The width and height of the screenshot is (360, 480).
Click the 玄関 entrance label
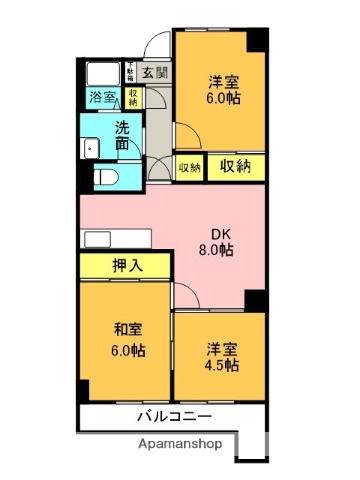coord(154,73)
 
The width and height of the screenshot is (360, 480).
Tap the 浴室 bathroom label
coord(102,97)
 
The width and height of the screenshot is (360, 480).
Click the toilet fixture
coord(107,176)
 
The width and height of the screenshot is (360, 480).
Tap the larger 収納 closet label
coord(235,167)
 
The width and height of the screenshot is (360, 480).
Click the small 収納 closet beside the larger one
coord(190,168)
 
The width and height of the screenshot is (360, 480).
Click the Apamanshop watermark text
coord(180,443)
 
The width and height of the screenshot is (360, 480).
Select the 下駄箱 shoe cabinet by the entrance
coord(130,72)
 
